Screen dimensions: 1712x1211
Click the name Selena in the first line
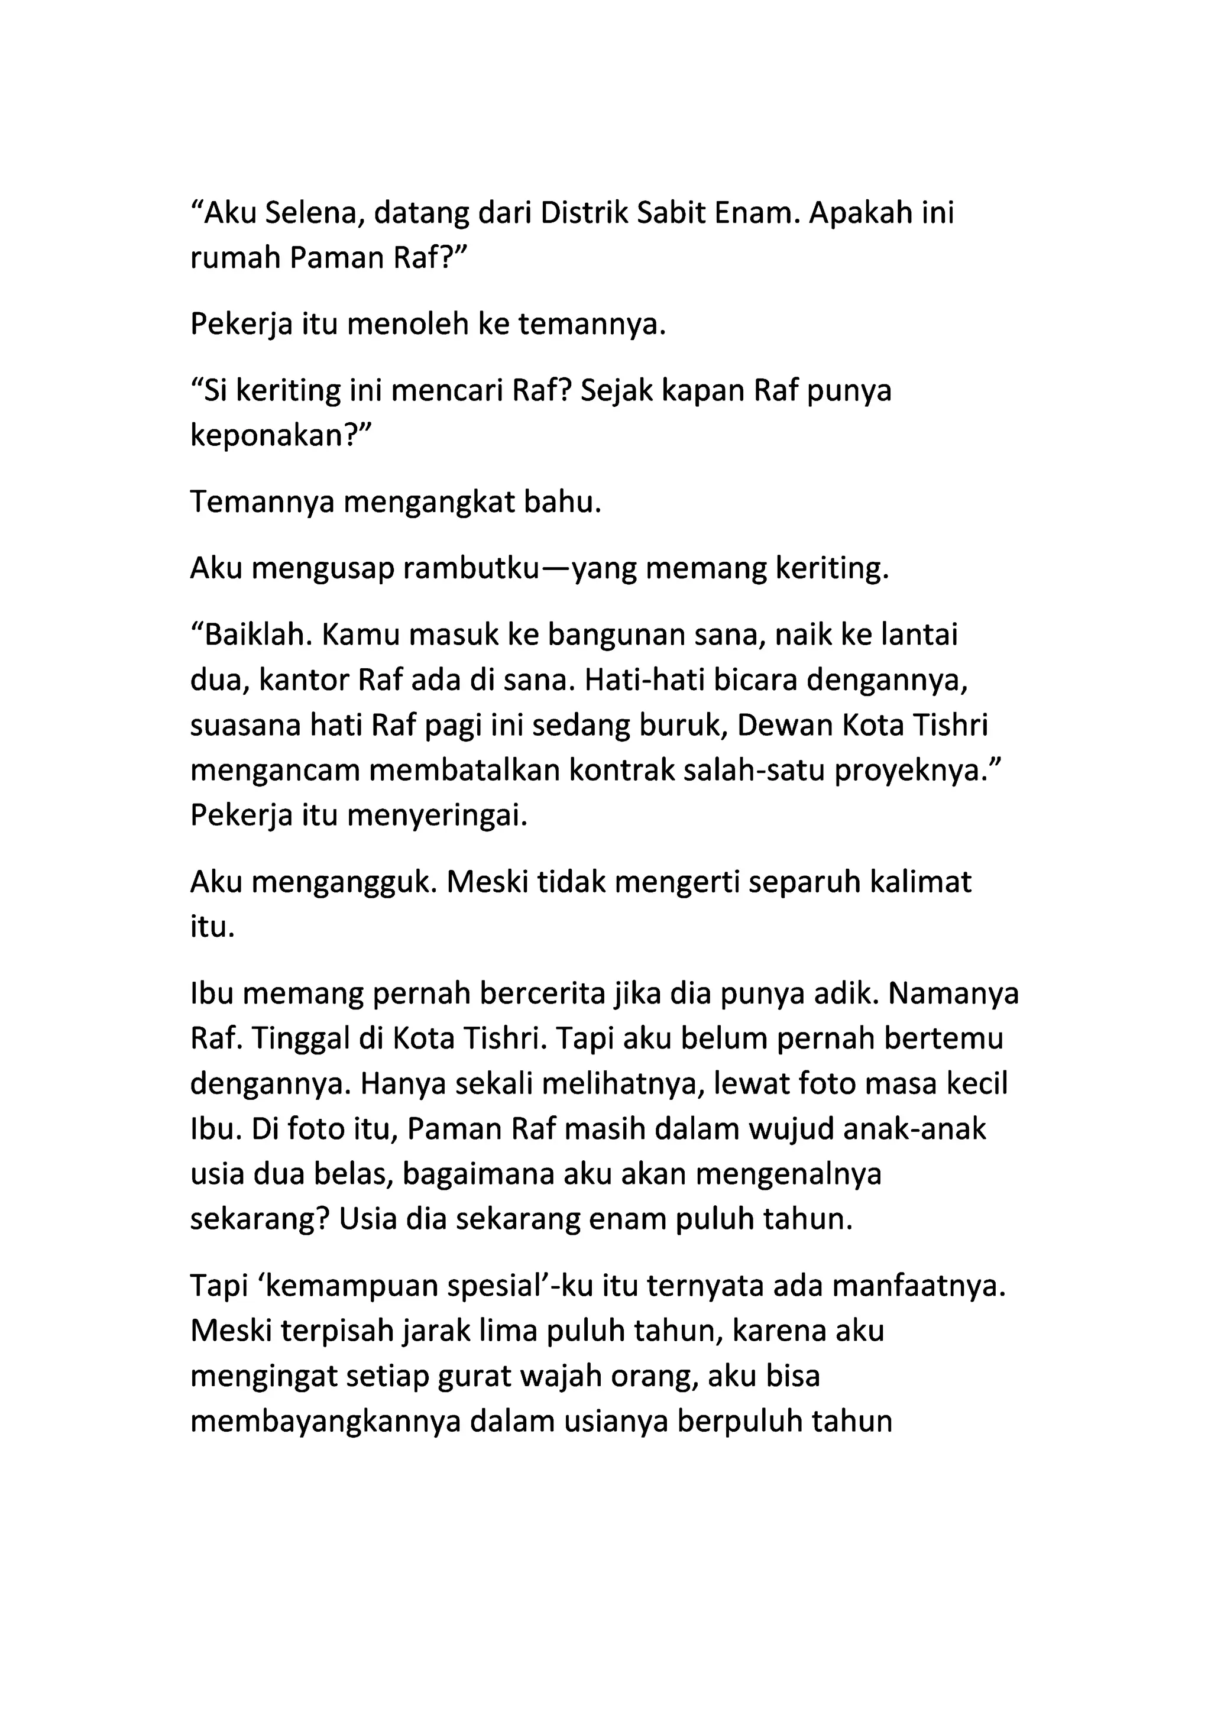pos(314,214)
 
